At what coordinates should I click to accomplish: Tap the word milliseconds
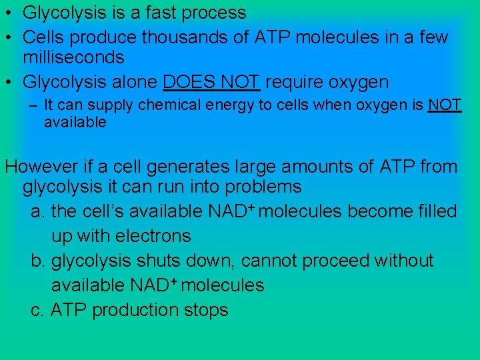coord(73,58)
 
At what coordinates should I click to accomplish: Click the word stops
coord(206,310)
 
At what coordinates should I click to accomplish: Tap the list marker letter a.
coord(37,212)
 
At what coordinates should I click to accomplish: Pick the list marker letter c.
coord(37,311)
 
